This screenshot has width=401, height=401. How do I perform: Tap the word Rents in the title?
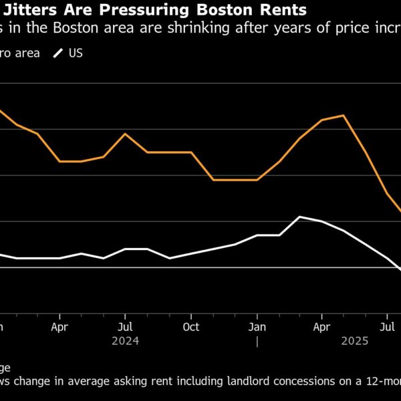point(281,11)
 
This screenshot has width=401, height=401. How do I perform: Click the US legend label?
point(76,53)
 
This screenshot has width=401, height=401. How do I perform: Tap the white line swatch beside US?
point(59,53)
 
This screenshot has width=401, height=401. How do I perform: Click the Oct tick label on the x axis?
point(191,328)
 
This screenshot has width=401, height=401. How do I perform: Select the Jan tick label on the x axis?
point(257,328)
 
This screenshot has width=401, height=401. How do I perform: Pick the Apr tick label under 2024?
point(60,328)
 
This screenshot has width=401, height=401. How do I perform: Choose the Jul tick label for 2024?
point(125,328)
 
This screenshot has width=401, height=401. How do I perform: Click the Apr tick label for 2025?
point(322,328)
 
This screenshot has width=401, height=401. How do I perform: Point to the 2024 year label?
point(125,341)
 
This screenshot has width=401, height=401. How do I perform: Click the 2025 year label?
point(355,341)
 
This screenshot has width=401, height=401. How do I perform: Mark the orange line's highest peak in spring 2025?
point(344,116)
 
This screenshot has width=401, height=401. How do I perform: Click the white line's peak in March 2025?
point(300,217)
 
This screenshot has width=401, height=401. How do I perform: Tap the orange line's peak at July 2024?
point(125,134)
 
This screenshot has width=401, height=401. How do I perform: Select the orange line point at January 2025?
point(257,180)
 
